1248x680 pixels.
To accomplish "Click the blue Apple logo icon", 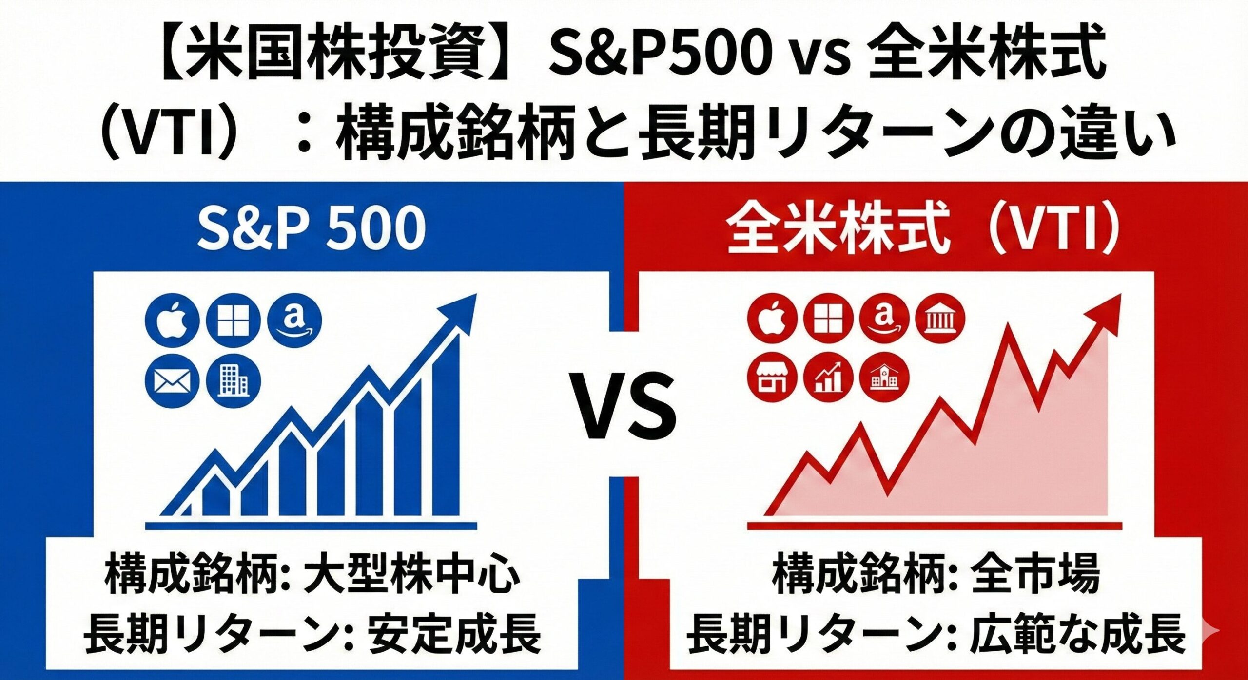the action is tap(173, 320).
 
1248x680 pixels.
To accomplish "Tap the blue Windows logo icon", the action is tap(234, 320).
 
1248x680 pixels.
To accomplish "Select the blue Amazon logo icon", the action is tap(294, 320).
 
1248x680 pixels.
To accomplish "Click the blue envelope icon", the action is tap(173, 381).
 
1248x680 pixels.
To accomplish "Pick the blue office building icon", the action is tap(234, 381).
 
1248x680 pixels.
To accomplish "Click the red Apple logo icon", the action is tap(772, 319).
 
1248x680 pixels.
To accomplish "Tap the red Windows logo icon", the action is tap(828, 319).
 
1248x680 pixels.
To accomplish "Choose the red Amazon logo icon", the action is tap(884, 319).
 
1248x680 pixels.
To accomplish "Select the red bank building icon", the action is tap(940, 319).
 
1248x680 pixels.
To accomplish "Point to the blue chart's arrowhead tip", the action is tap(476, 294).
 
